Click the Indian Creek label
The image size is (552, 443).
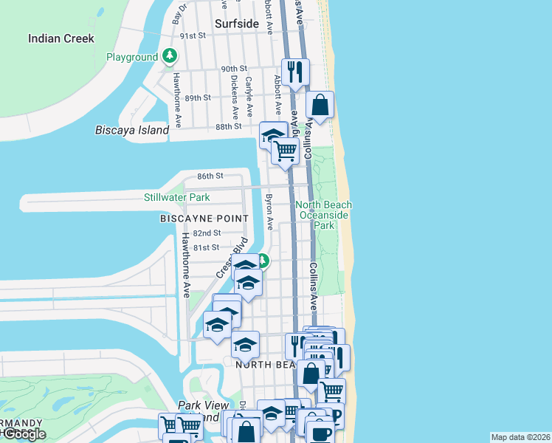pyautogui.click(x=61, y=38)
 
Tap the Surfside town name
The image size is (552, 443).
pyautogui.click(x=236, y=24)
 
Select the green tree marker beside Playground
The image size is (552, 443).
pyautogui.click(x=170, y=56)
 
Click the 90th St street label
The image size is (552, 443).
pyautogui.click(x=235, y=69)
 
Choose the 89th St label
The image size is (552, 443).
pyautogui.click(x=198, y=97)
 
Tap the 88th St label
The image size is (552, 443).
pyautogui.click(x=228, y=126)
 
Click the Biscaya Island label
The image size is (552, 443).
pyautogui.click(x=132, y=130)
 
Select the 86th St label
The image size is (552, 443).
pyautogui.click(x=210, y=176)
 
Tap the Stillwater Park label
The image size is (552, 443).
pyautogui.click(x=176, y=197)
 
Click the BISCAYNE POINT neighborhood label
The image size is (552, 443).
pyautogui.click(x=201, y=219)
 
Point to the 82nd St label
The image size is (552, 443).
pyautogui.click(x=206, y=233)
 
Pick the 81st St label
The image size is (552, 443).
pyautogui.click(x=206, y=247)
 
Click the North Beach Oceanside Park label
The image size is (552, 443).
pyautogui.click(x=323, y=215)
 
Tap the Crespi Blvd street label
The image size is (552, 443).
pyautogui.click(x=230, y=258)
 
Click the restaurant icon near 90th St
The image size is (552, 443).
pyautogui.click(x=295, y=72)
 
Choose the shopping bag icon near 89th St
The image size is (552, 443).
pyautogui.click(x=320, y=105)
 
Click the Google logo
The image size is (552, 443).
pyautogui.click(x=24, y=433)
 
